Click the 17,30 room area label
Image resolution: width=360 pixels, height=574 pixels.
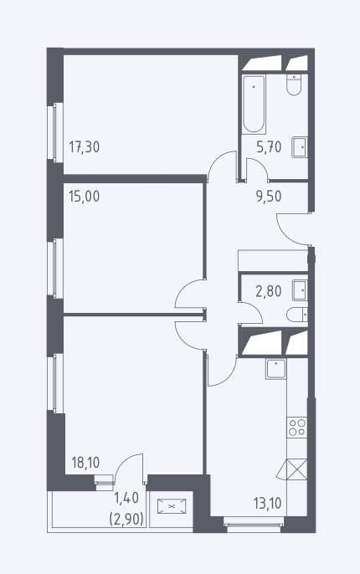(85, 147)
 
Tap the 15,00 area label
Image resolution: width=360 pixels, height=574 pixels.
(84, 197)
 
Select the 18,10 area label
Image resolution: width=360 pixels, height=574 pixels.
(85, 463)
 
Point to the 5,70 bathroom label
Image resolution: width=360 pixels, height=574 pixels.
(269, 147)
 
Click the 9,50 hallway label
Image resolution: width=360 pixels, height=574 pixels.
(269, 197)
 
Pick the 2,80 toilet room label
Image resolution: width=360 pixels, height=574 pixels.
(269, 292)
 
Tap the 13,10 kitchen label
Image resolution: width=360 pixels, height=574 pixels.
(267, 504)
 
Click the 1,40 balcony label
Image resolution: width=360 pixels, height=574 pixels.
(126, 498)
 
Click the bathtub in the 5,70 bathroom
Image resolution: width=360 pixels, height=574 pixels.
(254, 104)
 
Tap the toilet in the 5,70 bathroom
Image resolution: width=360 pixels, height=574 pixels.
(294, 85)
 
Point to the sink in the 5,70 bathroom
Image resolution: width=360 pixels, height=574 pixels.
(300, 147)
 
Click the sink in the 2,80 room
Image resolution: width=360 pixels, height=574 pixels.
(300, 290)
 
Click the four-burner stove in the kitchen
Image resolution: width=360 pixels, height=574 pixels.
(297, 428)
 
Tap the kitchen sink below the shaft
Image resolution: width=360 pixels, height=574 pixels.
(276, 369)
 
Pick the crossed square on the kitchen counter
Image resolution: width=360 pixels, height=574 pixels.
(296, 469)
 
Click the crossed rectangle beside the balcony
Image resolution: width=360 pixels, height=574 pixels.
(172, 506)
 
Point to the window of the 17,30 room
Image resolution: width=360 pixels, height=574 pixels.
(55, 132)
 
